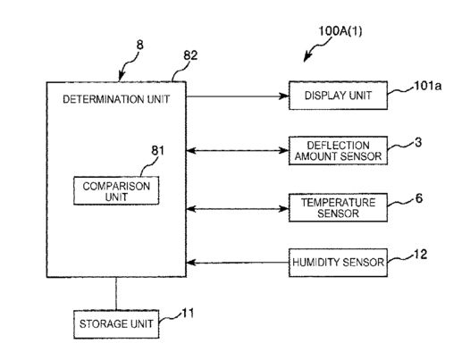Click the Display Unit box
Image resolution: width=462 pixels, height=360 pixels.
coord(338,96)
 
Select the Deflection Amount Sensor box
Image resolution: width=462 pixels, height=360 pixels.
coord(338,151)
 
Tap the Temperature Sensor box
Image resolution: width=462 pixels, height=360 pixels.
coord(338,207)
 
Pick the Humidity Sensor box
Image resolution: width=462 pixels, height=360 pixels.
coord(338,263)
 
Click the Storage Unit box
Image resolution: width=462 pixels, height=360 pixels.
coord(116,324)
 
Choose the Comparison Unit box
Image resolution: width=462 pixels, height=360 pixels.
coord(116,190)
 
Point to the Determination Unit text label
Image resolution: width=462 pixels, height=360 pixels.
coord(116,99)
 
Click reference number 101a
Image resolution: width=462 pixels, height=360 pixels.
coord(428,86)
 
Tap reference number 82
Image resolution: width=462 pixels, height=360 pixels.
coord(190,55)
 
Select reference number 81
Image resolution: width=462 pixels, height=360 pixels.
coord(158,151)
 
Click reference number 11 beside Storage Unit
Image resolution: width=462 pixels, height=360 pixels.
coord(188,313)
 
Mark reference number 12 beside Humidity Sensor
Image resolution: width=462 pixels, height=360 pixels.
coord(420,254)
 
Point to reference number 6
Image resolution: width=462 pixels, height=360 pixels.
coord(419,198)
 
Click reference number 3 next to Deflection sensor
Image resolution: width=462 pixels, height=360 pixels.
coord(418,142)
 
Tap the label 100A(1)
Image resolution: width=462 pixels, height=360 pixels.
coord(340,31)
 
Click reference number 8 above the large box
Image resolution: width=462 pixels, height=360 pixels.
coord(140,45)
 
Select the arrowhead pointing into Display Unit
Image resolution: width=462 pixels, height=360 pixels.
coord(284,96)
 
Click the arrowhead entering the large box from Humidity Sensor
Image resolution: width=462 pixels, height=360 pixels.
coord(191,263)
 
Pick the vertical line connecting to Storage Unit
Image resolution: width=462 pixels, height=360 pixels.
coord(116,294)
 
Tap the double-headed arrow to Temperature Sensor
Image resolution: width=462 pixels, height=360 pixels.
coord(238,209)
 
